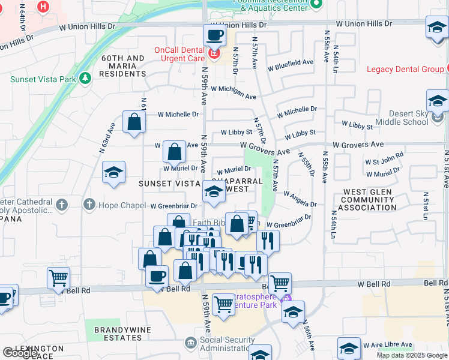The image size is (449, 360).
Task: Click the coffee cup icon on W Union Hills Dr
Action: [x=214, y=35]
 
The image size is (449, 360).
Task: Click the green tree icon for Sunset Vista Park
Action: [x=86, y=78]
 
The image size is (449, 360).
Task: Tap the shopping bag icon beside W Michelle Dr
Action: [x=134, y=121]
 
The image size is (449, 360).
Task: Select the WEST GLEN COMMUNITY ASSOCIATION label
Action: [x=367, y=200]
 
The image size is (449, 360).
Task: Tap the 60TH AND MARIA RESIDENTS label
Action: [x=123, y=66]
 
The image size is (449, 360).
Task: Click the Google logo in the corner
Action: [x=20, y=352]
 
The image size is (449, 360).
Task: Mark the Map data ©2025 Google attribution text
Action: [x=411, y=355]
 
